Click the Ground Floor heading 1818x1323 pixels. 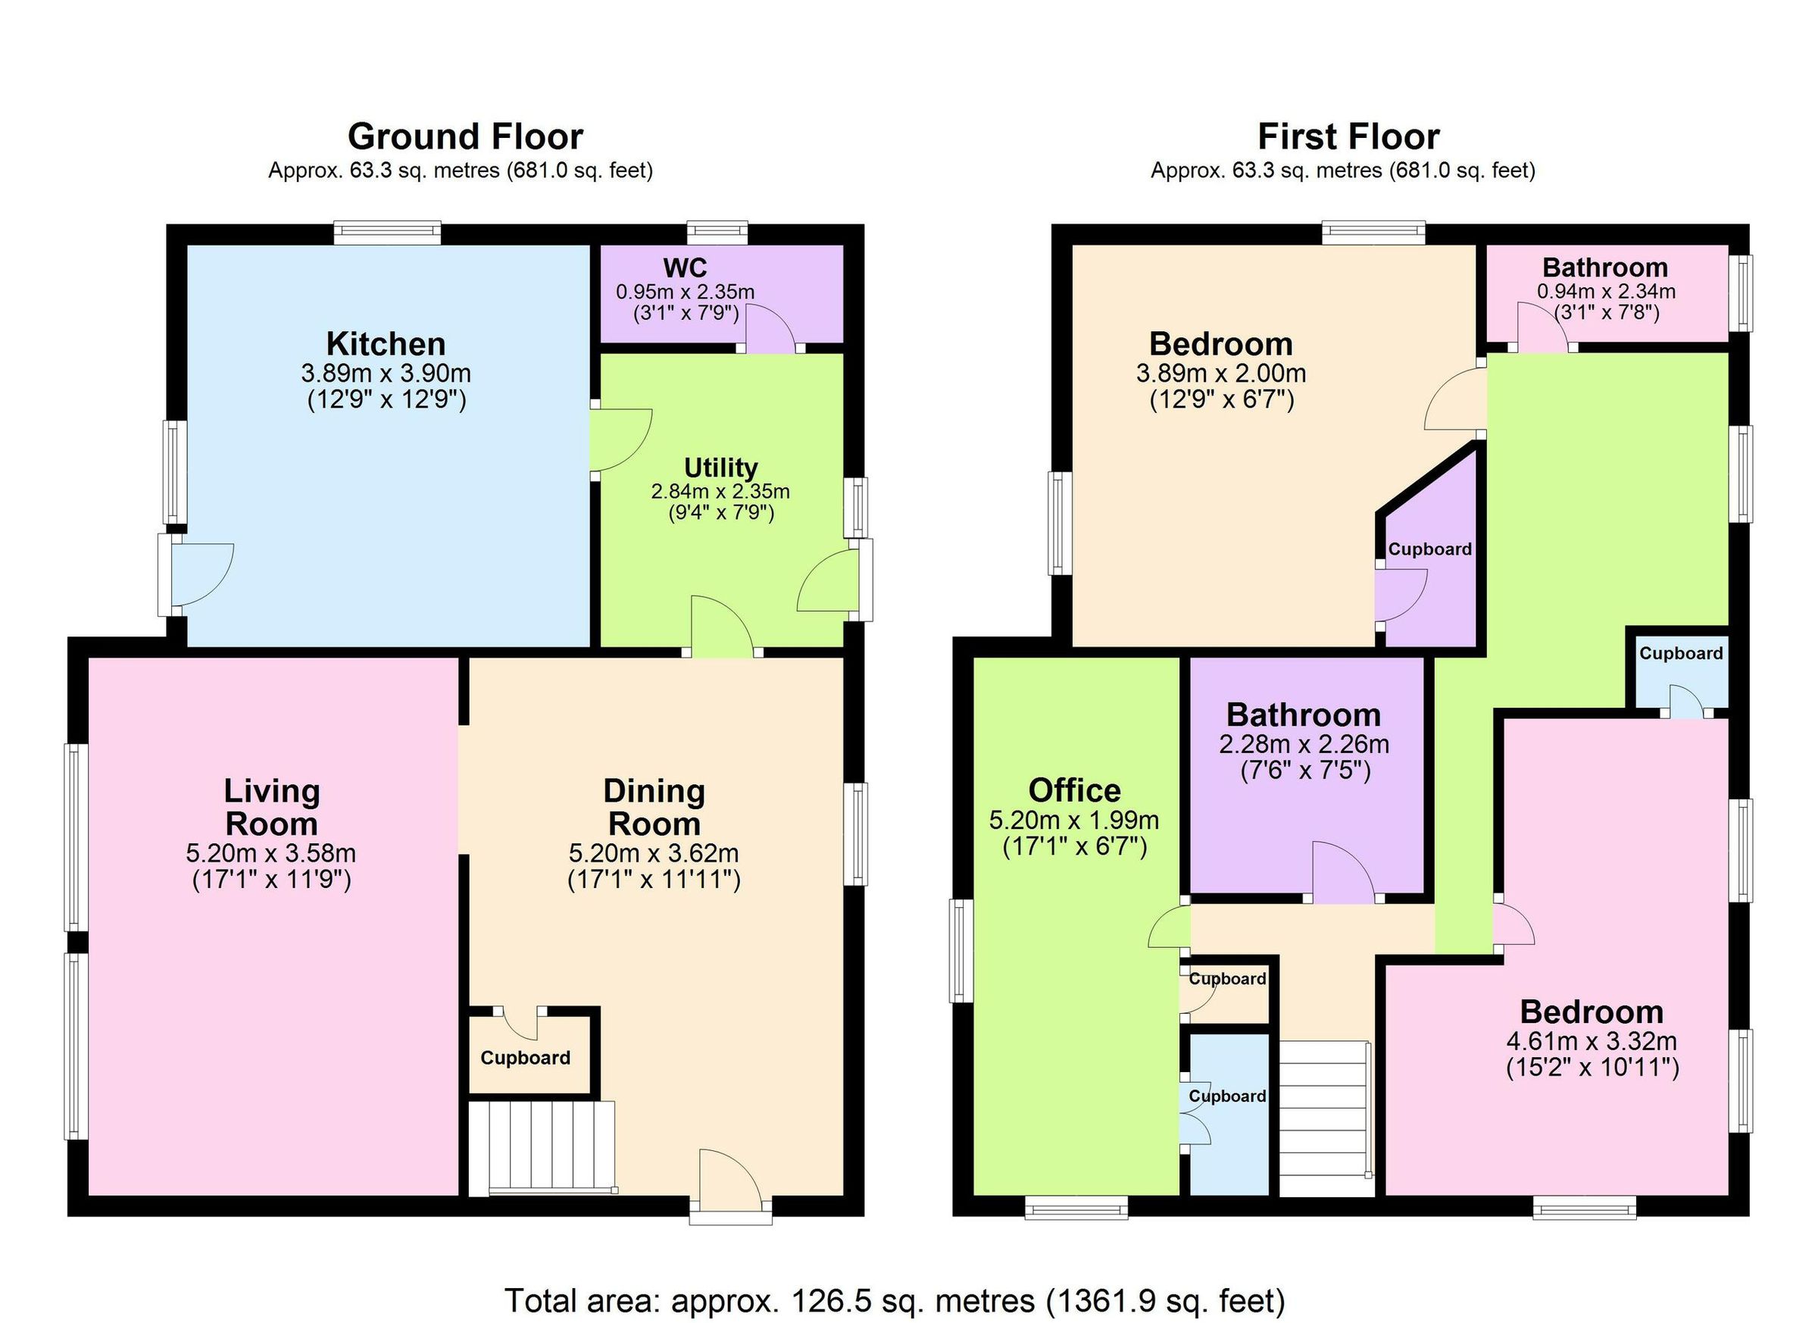coord(465,137)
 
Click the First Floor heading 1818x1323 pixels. coord(1348,137)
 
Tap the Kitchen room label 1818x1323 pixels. coord(386,344)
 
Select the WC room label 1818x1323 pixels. coord(685,267)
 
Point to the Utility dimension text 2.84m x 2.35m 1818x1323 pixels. coord(720,492)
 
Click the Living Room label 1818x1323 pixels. coord(271,807)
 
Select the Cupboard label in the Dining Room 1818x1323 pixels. coord(525,1059)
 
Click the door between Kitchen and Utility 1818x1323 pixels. coord(619,440)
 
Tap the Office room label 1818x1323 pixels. coord(1074,790)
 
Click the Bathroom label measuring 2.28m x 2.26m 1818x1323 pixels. coord(1304,715)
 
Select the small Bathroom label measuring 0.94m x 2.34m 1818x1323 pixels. coord(1605,267)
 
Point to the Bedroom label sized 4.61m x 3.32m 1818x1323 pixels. coord(1592,1012)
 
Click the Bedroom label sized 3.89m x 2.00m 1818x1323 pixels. coord(1221,344)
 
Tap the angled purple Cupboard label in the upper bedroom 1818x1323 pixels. coord(1430,549)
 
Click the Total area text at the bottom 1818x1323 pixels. coord(895,1300)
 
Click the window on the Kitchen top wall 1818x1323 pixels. coord(387,233)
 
